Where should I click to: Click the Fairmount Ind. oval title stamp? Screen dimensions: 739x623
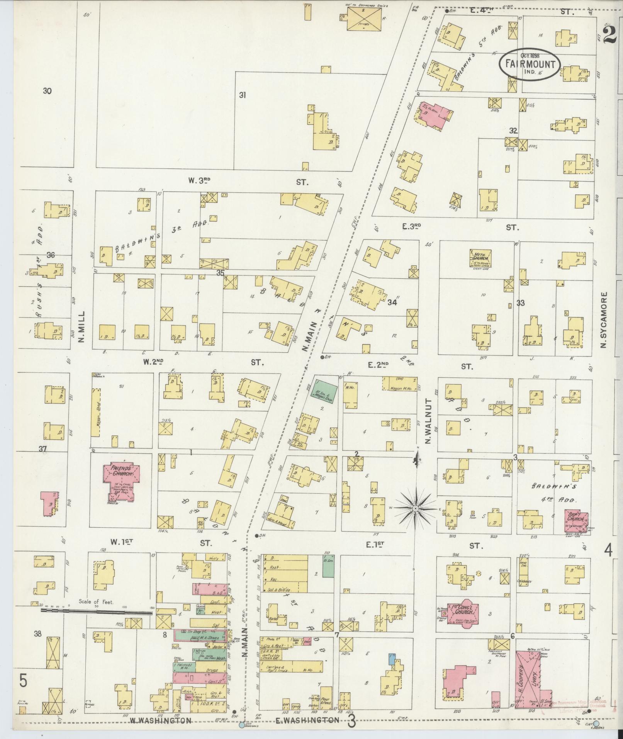(x=529, y=65)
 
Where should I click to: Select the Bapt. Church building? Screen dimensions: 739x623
(x=577, y=522)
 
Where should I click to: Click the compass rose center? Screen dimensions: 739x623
(x=415, y=508)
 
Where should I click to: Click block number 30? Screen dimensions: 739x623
(x=47, y=91)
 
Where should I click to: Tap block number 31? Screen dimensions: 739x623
(x=242, y=95)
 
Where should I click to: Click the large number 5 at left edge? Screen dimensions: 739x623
(x=23, y=691)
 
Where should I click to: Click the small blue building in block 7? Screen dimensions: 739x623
(x=392, y=658)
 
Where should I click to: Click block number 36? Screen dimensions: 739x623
(x=51, y=255)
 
